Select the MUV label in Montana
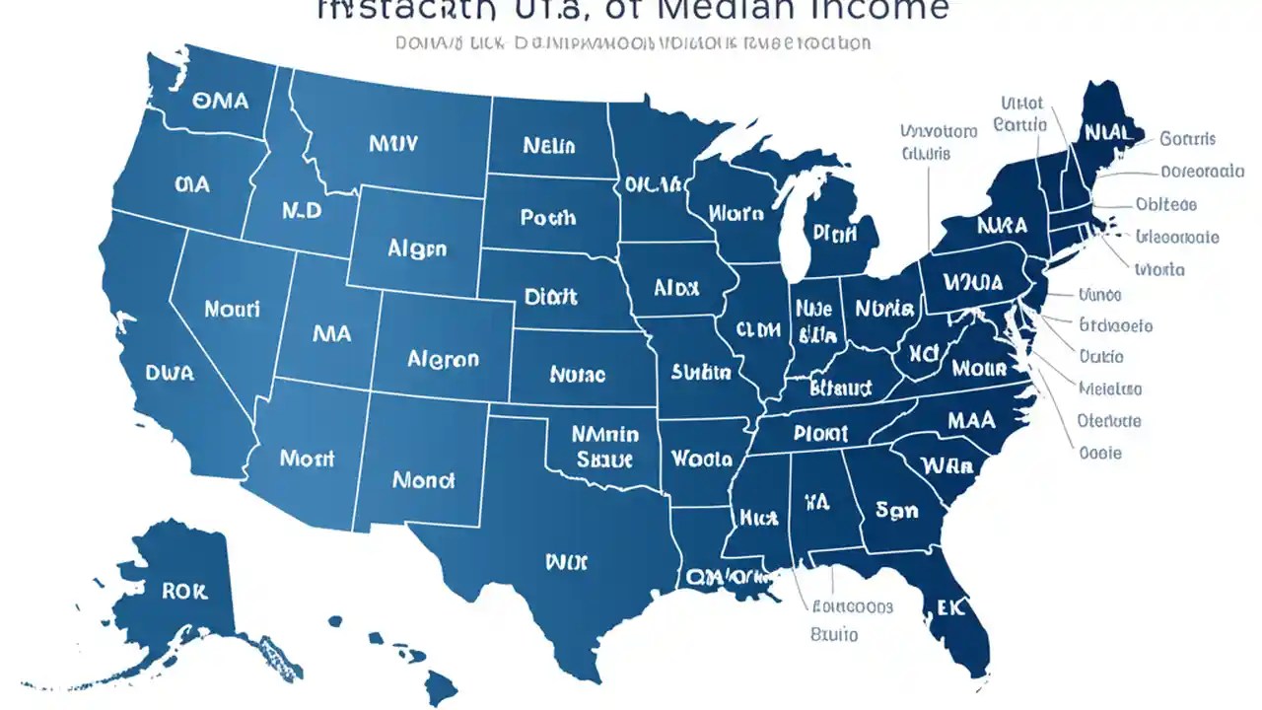[x=393, y=144]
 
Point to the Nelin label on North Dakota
[x=548, y=146]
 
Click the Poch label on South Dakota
[x=547, y=217]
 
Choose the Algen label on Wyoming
[x=416, y=249]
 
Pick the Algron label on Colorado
[x=443, y=359]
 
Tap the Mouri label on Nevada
[x=233, y=309]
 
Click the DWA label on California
[x=169, y=374]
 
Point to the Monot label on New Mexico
[x=423, y=480]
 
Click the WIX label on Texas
[x=566, y=561]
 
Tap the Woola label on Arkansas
[x=701, y=459]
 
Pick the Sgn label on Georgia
[x=896, y=510]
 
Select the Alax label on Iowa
[x=676, y=288]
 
